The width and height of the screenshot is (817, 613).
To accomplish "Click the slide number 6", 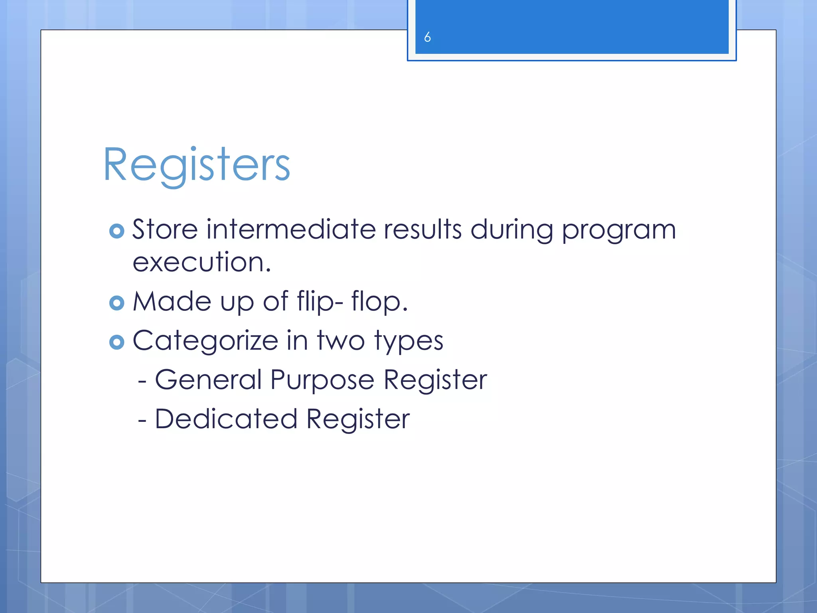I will pos(427,37).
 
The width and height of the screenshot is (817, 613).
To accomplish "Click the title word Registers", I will pos(196,165).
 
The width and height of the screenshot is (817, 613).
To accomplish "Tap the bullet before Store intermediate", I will pos(116,231).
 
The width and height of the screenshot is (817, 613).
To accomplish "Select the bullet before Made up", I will pos(116,303).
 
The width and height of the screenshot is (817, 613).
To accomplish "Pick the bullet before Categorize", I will pos(116,342).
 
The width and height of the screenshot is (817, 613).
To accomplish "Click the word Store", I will pos(165,230).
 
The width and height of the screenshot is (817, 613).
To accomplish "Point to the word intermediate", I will pos(291,230).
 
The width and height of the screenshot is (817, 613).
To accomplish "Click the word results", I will pos(422,230).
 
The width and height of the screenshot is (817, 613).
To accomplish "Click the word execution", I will pos(201,263).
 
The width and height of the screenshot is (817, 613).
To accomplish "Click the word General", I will pos(208,380).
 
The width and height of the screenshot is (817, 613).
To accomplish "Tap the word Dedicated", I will pos(226,419).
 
